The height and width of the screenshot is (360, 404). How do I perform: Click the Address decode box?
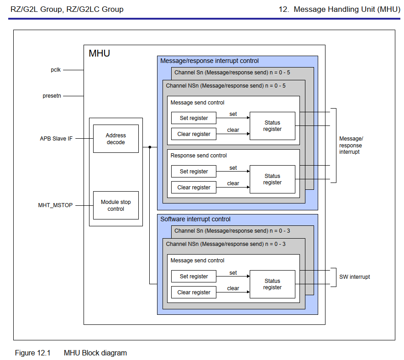pos(115,139)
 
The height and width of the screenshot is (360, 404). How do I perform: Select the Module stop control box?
pos(115,205)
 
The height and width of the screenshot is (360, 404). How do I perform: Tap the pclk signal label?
pos(56,70)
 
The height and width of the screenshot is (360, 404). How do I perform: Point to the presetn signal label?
pos(52,96)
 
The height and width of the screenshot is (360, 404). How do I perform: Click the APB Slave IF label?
pos(56,138)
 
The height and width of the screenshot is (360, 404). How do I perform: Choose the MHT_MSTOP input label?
pos(55,205)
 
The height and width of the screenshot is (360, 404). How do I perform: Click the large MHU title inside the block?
pos(99,53)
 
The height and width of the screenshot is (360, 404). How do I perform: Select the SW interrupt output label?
pos(354,277)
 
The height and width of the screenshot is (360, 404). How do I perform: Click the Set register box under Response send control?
pos(194,172)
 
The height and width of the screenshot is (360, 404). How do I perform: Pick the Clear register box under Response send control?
pos(194,188)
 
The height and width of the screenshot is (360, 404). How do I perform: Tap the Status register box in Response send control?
pos(272,179)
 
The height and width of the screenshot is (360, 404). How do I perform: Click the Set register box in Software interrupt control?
pos(194,277)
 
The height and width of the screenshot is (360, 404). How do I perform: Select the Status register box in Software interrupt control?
pos(272,284)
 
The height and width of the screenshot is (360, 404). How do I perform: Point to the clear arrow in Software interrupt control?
pos(233,292)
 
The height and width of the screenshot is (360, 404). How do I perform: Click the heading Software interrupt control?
pos(195,219)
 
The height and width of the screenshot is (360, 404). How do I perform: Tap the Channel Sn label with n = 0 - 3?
pos(232,231)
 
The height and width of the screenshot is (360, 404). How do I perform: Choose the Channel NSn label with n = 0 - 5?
pos(226,86)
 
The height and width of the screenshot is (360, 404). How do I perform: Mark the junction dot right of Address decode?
pos(150,147)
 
